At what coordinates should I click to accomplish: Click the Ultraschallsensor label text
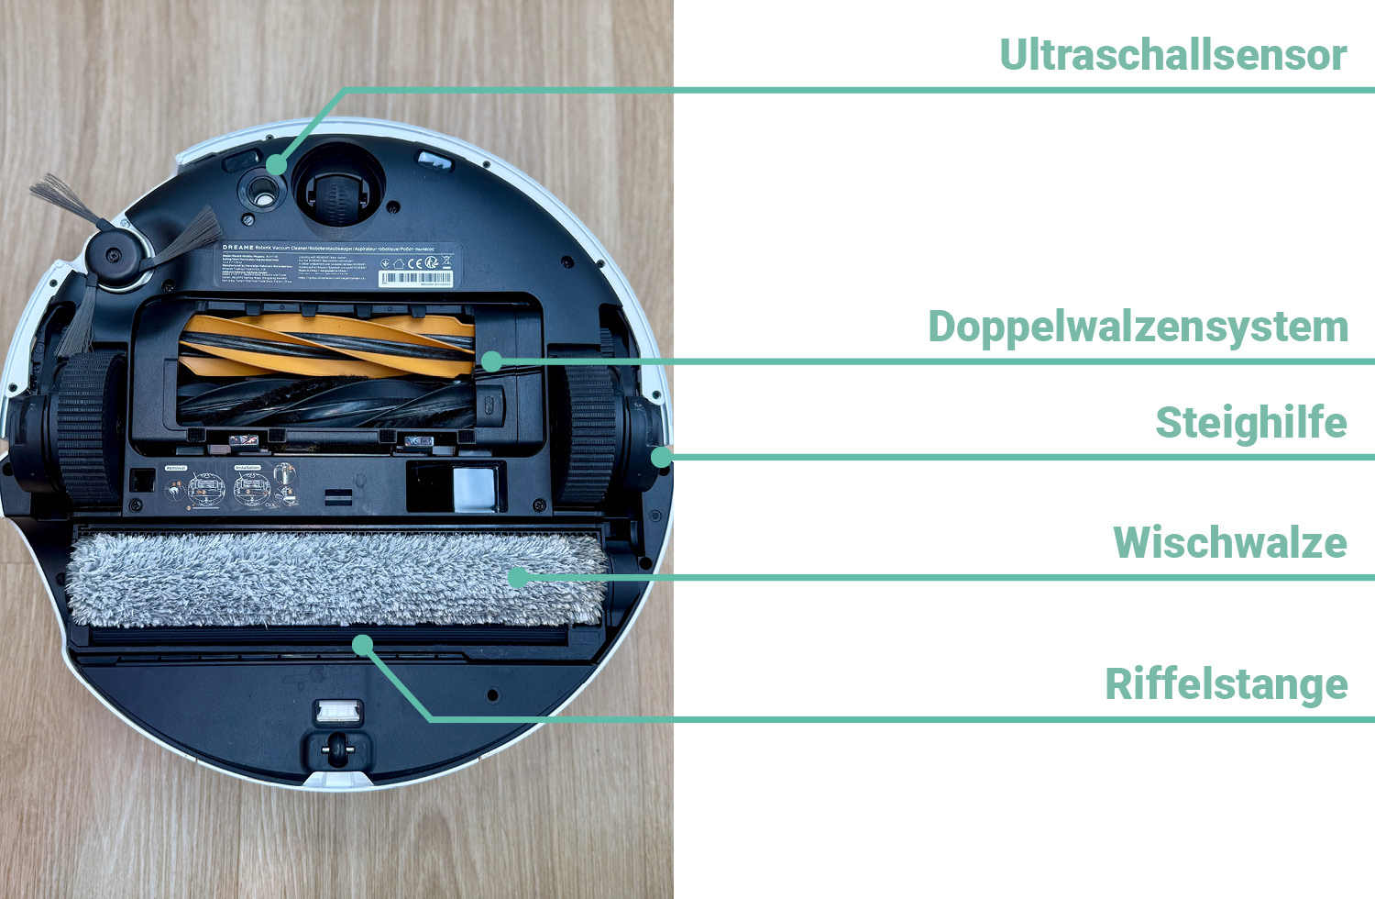(x=1172, y=55)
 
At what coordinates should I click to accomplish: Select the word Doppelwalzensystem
(x=1138, y=327)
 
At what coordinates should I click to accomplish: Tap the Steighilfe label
(x=1250, y=423)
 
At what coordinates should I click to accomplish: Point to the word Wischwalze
(x=1229, y=542)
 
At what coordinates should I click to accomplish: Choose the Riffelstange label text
(x=1226, y=684)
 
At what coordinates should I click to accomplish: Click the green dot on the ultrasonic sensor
(x=276, y=165)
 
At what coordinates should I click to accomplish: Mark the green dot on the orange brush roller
(x=491, y=361)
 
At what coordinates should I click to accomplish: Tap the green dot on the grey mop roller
(x=518, y=577)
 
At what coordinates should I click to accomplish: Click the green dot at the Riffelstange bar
(x=363, y=645)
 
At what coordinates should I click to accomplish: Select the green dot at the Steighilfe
(x=660, y=456)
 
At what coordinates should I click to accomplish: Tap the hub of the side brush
(x=114, y=255)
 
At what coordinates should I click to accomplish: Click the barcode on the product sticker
(x=415, y=278)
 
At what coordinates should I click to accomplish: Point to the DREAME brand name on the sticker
(x=238, y=248)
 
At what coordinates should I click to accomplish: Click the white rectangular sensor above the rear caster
(x=337, y=710)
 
